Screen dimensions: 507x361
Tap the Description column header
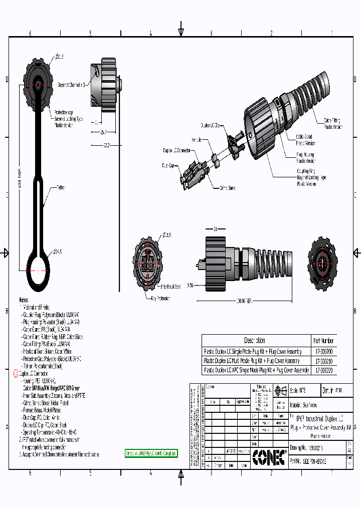(255, 340)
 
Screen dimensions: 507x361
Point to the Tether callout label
(61, 187)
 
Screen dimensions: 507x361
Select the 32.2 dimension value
(106, 145)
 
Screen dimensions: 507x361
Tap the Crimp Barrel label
(227, 188)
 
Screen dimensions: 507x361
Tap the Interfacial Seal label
(171, 287)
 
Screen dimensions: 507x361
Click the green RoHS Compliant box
(151, 453)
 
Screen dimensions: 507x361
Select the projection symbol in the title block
(280, 390)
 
